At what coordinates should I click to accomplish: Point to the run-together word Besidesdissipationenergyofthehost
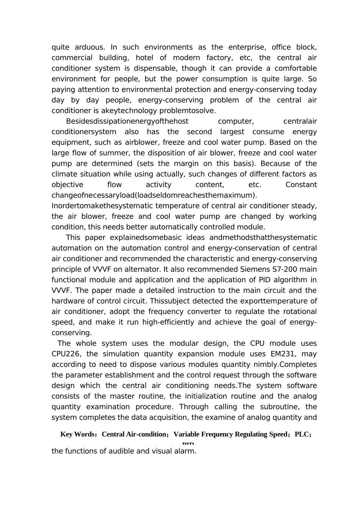pos(127,121)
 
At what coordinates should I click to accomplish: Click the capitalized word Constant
pos(301,185)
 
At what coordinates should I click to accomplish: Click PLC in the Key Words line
pos(302,434)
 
